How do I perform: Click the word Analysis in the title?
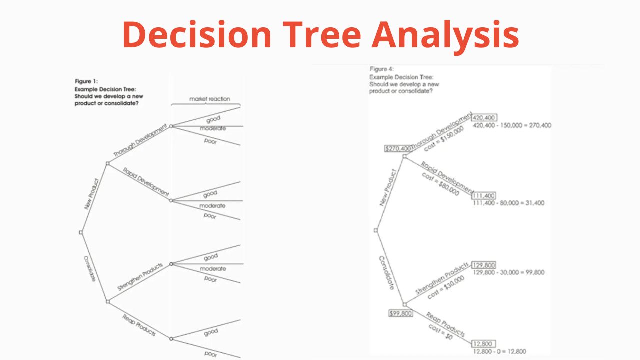pyautogui.click(x=445, y=35)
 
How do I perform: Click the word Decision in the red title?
pyautogui.click(x=197, y=35)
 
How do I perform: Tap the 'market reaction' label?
pyautogui.click(x=210, y=99)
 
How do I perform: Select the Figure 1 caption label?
pyautogui.click(x=86, y=81)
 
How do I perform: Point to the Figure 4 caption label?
pyautogui.click(x=381, y=69)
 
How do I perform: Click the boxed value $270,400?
pyautogui.click(x=398, y=148)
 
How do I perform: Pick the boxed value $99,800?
pyautogui.click(x=401, y=313)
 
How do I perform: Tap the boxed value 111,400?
pyautogui.click(x=484, y=195)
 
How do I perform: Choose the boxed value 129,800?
pyautogui.click(x=484, y=265)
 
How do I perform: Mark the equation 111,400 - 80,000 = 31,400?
pyautogui.click(x=508, y=203)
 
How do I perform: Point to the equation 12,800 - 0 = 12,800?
pyautogui.click(x=499, y=352)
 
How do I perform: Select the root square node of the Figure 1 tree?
pyautogui.click(x=81, y=232)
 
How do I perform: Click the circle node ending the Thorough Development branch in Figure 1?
pyautogui.click(x=171, y=126)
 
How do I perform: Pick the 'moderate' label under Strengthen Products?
pyautogui.click(x=213, y=269)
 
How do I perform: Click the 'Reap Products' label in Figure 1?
pyautogui.click(x=139, y=325)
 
